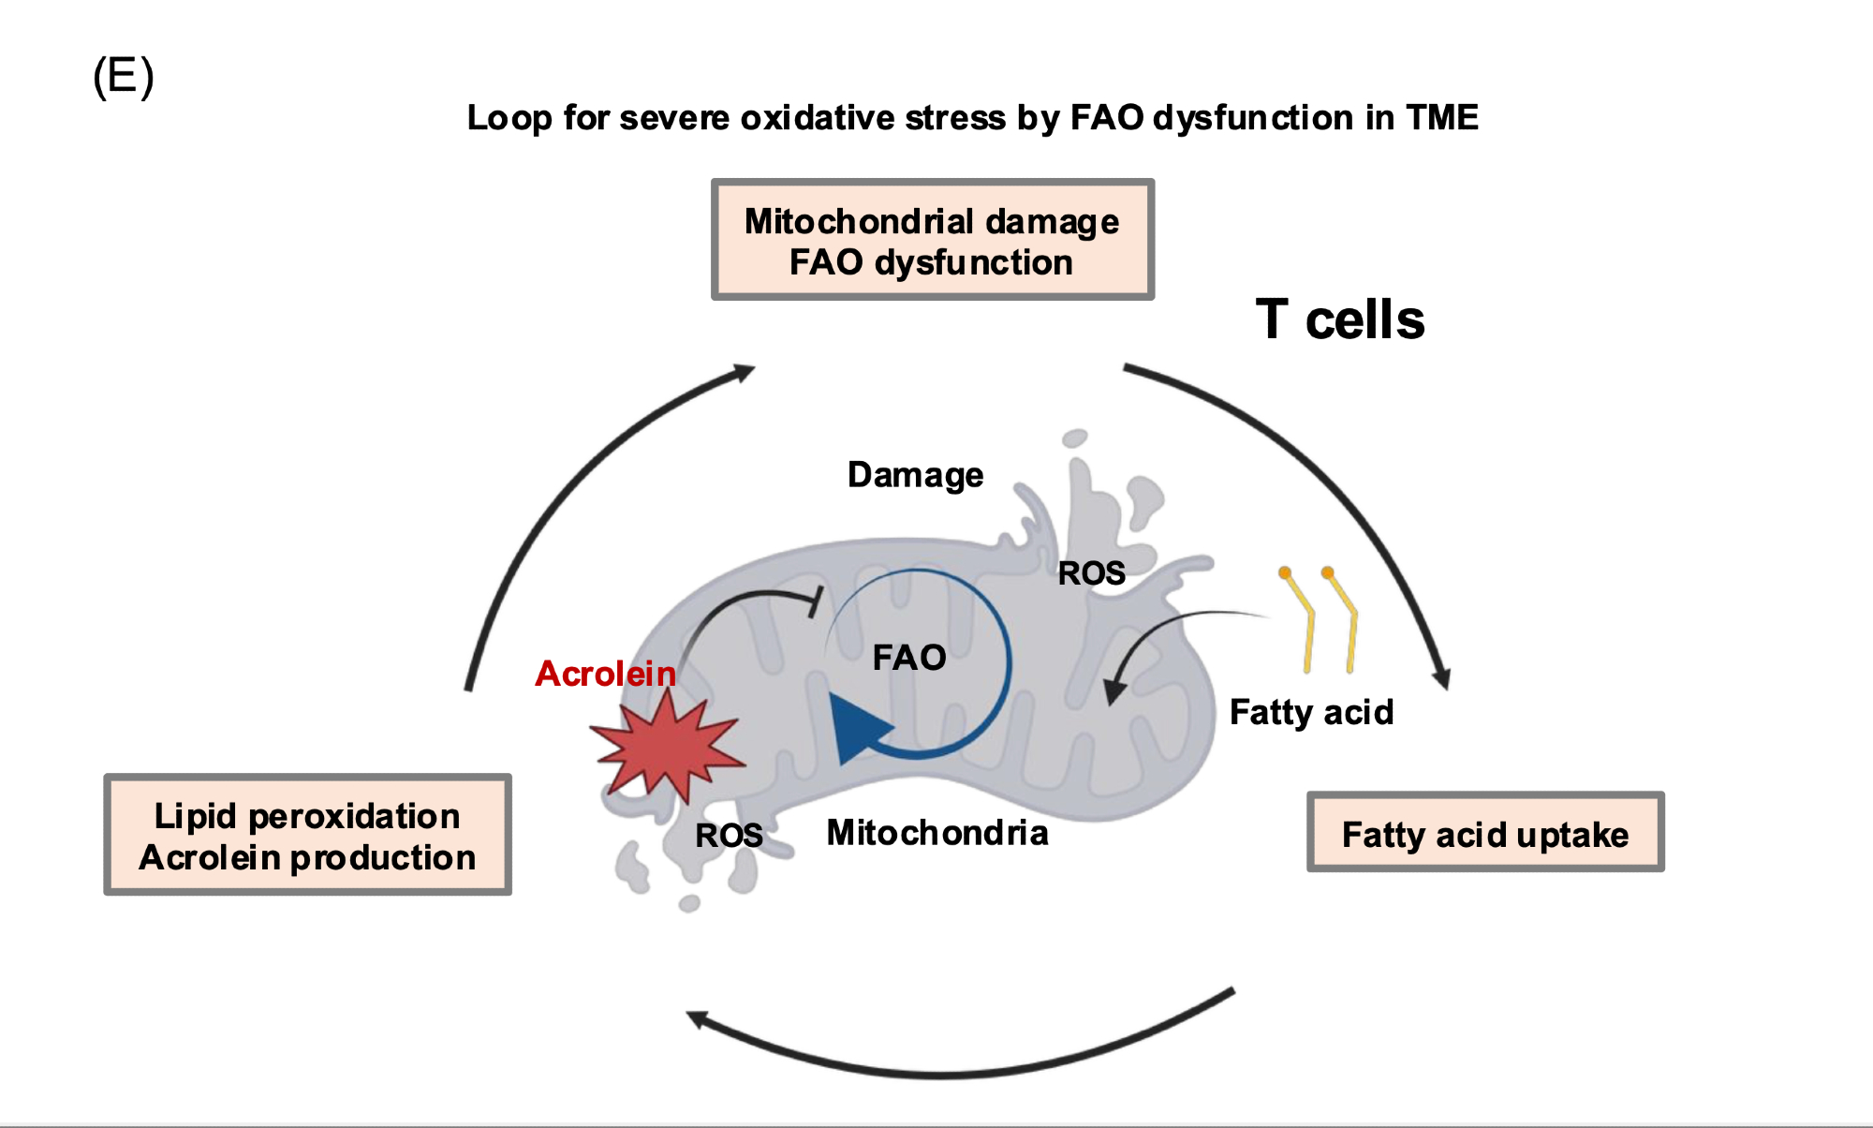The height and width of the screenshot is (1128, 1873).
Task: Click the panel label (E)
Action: point(123,76)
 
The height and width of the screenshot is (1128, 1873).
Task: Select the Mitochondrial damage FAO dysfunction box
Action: point(932,241)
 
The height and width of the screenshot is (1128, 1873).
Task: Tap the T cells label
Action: point(1339,320)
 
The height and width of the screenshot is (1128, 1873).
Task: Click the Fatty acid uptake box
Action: point(1484,833)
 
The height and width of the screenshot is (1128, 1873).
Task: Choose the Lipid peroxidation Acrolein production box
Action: point(307,835)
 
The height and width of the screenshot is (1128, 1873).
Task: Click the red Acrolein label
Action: point(605,674)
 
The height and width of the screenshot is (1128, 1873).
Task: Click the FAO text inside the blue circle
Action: point(908,658)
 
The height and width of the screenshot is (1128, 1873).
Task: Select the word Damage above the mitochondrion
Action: point(915,475)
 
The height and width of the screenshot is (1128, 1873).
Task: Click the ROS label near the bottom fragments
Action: point(729,835)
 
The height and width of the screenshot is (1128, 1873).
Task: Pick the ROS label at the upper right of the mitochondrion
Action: point(1091,573)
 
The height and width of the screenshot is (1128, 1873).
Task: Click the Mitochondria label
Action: point(936,833)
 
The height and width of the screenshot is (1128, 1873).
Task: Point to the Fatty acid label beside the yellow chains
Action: point(1311,713)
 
